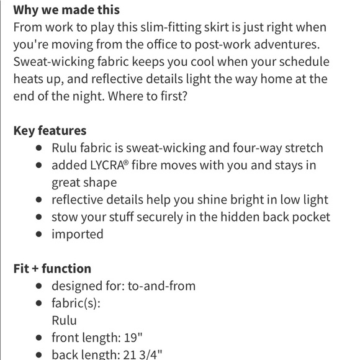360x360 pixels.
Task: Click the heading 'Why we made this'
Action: [x=66, y=11]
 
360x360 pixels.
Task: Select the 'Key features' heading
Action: [x=50, y=131]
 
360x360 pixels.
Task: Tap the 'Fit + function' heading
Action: [x=52, y=269]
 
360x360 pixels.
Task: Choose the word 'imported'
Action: [x=77, y=235]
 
